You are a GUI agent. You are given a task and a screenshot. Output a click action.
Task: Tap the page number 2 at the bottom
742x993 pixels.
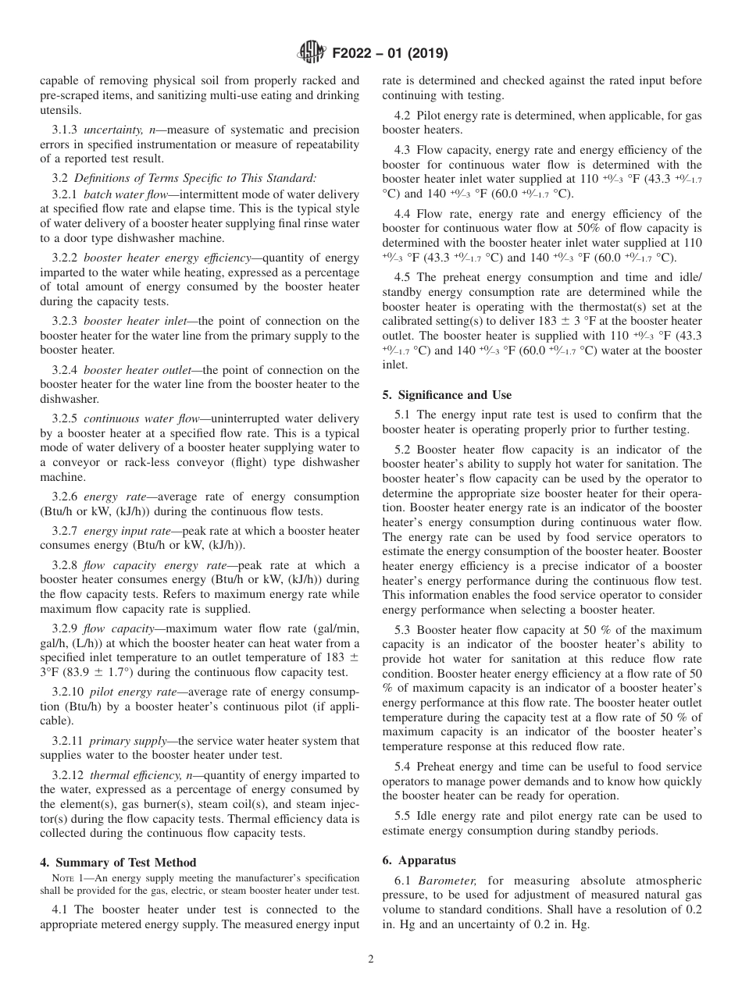[x=371, y=959]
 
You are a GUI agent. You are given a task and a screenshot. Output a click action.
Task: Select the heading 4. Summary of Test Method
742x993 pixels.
[x=118, y=863]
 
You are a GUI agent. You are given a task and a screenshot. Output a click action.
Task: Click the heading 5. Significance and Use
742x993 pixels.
[x=447, y=395]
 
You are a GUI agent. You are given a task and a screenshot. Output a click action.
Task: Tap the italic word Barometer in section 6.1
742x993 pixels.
[x=445, y=880]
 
